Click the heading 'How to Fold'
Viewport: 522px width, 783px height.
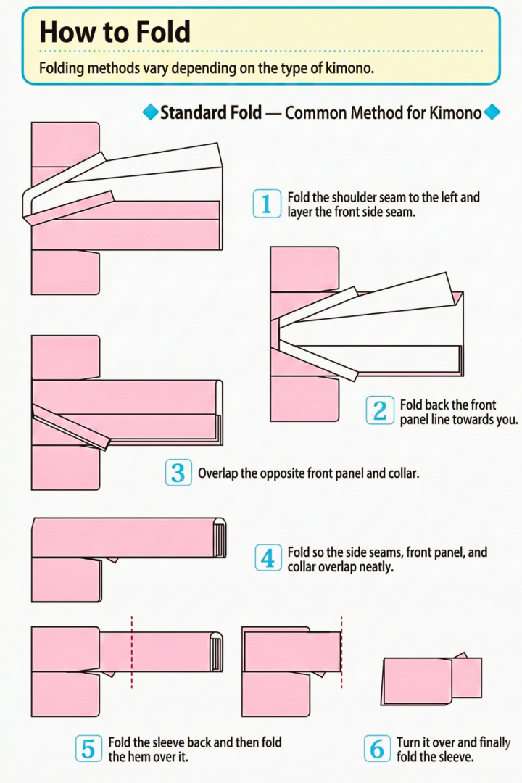click(x=115, y=33)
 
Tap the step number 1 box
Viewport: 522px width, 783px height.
click(x=266, y=204)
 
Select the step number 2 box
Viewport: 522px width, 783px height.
click(x=380, y=411)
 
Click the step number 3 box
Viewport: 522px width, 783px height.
click(x=178, y=473)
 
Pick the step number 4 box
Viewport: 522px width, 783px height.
click(x=268, y=558)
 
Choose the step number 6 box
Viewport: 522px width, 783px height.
click(x=377, y=748)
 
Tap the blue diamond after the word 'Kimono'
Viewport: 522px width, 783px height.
click(x=492, y=112)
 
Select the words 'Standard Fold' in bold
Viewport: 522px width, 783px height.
click(x=210, y=113)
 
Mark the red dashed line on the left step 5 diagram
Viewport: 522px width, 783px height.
click(x=132, y=652)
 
